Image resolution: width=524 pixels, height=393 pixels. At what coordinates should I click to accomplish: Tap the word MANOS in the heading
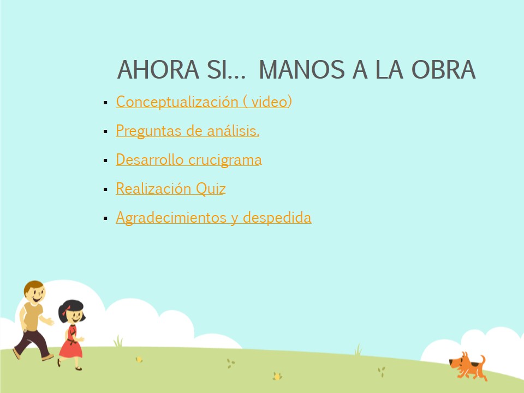(x=302, y=70)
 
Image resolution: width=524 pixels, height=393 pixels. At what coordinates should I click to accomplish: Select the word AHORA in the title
(x=158, y=70)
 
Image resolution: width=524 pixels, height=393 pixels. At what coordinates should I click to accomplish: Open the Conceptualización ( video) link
(x=204, y=102)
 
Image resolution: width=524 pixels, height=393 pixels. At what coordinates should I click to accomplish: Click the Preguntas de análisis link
(x=187, y=130)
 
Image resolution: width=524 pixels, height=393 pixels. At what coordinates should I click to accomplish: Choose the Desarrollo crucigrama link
(x=189, y=160)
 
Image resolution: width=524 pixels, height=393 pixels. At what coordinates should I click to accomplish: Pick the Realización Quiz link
(x=171, y=188)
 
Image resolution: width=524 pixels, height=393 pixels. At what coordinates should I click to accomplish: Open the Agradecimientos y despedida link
(x=213, y=218)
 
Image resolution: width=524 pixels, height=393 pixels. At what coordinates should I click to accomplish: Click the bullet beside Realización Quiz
(x=105, y=189)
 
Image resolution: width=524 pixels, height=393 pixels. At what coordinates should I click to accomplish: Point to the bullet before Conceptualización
(x=105, y=103)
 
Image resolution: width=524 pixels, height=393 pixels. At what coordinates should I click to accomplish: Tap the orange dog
(x=468, y=366)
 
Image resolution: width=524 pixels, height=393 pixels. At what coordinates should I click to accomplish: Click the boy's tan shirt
(x=32, y=317)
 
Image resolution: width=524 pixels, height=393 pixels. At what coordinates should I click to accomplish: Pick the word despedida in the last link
(x=277, y=218)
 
